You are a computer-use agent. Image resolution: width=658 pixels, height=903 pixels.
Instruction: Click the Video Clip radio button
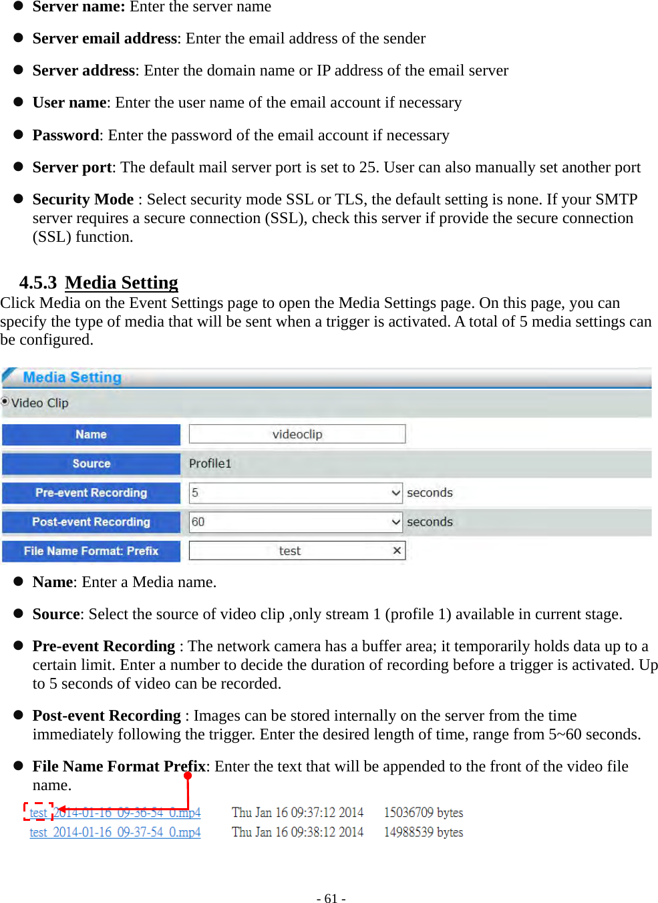tap(5, 401)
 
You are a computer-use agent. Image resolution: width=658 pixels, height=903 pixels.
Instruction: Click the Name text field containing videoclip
tap(297, 434)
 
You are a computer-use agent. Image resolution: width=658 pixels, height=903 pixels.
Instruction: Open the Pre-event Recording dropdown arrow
tap(395, 493)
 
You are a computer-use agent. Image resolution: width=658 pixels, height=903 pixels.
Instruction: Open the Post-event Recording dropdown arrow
tap(395, 522)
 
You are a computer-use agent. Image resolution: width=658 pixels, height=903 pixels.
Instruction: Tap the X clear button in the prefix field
tap(397, 550)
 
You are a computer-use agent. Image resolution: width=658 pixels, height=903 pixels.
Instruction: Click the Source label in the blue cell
tap(92, 464)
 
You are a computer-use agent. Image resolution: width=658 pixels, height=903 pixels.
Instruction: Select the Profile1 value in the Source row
tap(210, 464)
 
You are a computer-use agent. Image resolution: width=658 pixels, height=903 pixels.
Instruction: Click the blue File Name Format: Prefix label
tap(92, 551)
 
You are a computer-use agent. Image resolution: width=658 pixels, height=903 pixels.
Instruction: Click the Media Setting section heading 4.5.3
tap(121, 283)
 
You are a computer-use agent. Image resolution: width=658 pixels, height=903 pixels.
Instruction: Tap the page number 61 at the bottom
tap(331, 898)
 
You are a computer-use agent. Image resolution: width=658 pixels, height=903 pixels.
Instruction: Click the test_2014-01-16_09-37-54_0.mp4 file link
tap(115, 832)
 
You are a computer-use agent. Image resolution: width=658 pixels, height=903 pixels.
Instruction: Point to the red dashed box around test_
tap(38, 812)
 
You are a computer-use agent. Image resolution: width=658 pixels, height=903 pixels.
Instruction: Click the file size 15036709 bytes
tap(423, 813)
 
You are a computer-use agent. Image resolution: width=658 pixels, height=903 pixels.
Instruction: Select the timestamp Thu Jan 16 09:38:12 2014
tap(297, 832)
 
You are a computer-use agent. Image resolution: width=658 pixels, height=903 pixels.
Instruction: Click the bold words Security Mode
tap(83, 199)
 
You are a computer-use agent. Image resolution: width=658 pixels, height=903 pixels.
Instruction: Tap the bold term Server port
tap(72, 167)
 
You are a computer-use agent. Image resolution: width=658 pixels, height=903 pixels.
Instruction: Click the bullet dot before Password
tap(19, 134)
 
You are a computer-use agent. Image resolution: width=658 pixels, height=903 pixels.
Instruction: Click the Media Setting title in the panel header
tap(72, 377)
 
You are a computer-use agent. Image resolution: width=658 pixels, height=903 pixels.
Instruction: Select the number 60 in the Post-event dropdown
tap(198, 522)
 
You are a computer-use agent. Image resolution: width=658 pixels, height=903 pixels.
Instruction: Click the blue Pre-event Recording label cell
tap(92, 493)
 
